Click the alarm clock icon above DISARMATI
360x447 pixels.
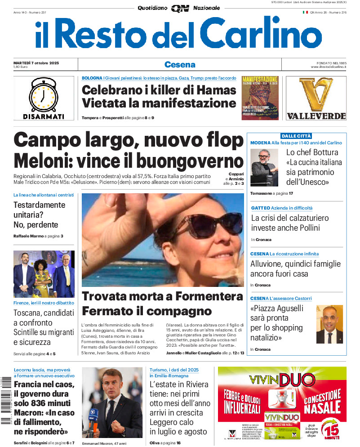43,94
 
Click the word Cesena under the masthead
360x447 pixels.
180,64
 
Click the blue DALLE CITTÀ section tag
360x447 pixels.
296,136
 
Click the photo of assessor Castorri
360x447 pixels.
329,324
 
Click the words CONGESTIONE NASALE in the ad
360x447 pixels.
322,402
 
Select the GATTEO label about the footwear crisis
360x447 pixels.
261,208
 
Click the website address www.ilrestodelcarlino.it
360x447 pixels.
328,67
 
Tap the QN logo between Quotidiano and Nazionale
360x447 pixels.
180,8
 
